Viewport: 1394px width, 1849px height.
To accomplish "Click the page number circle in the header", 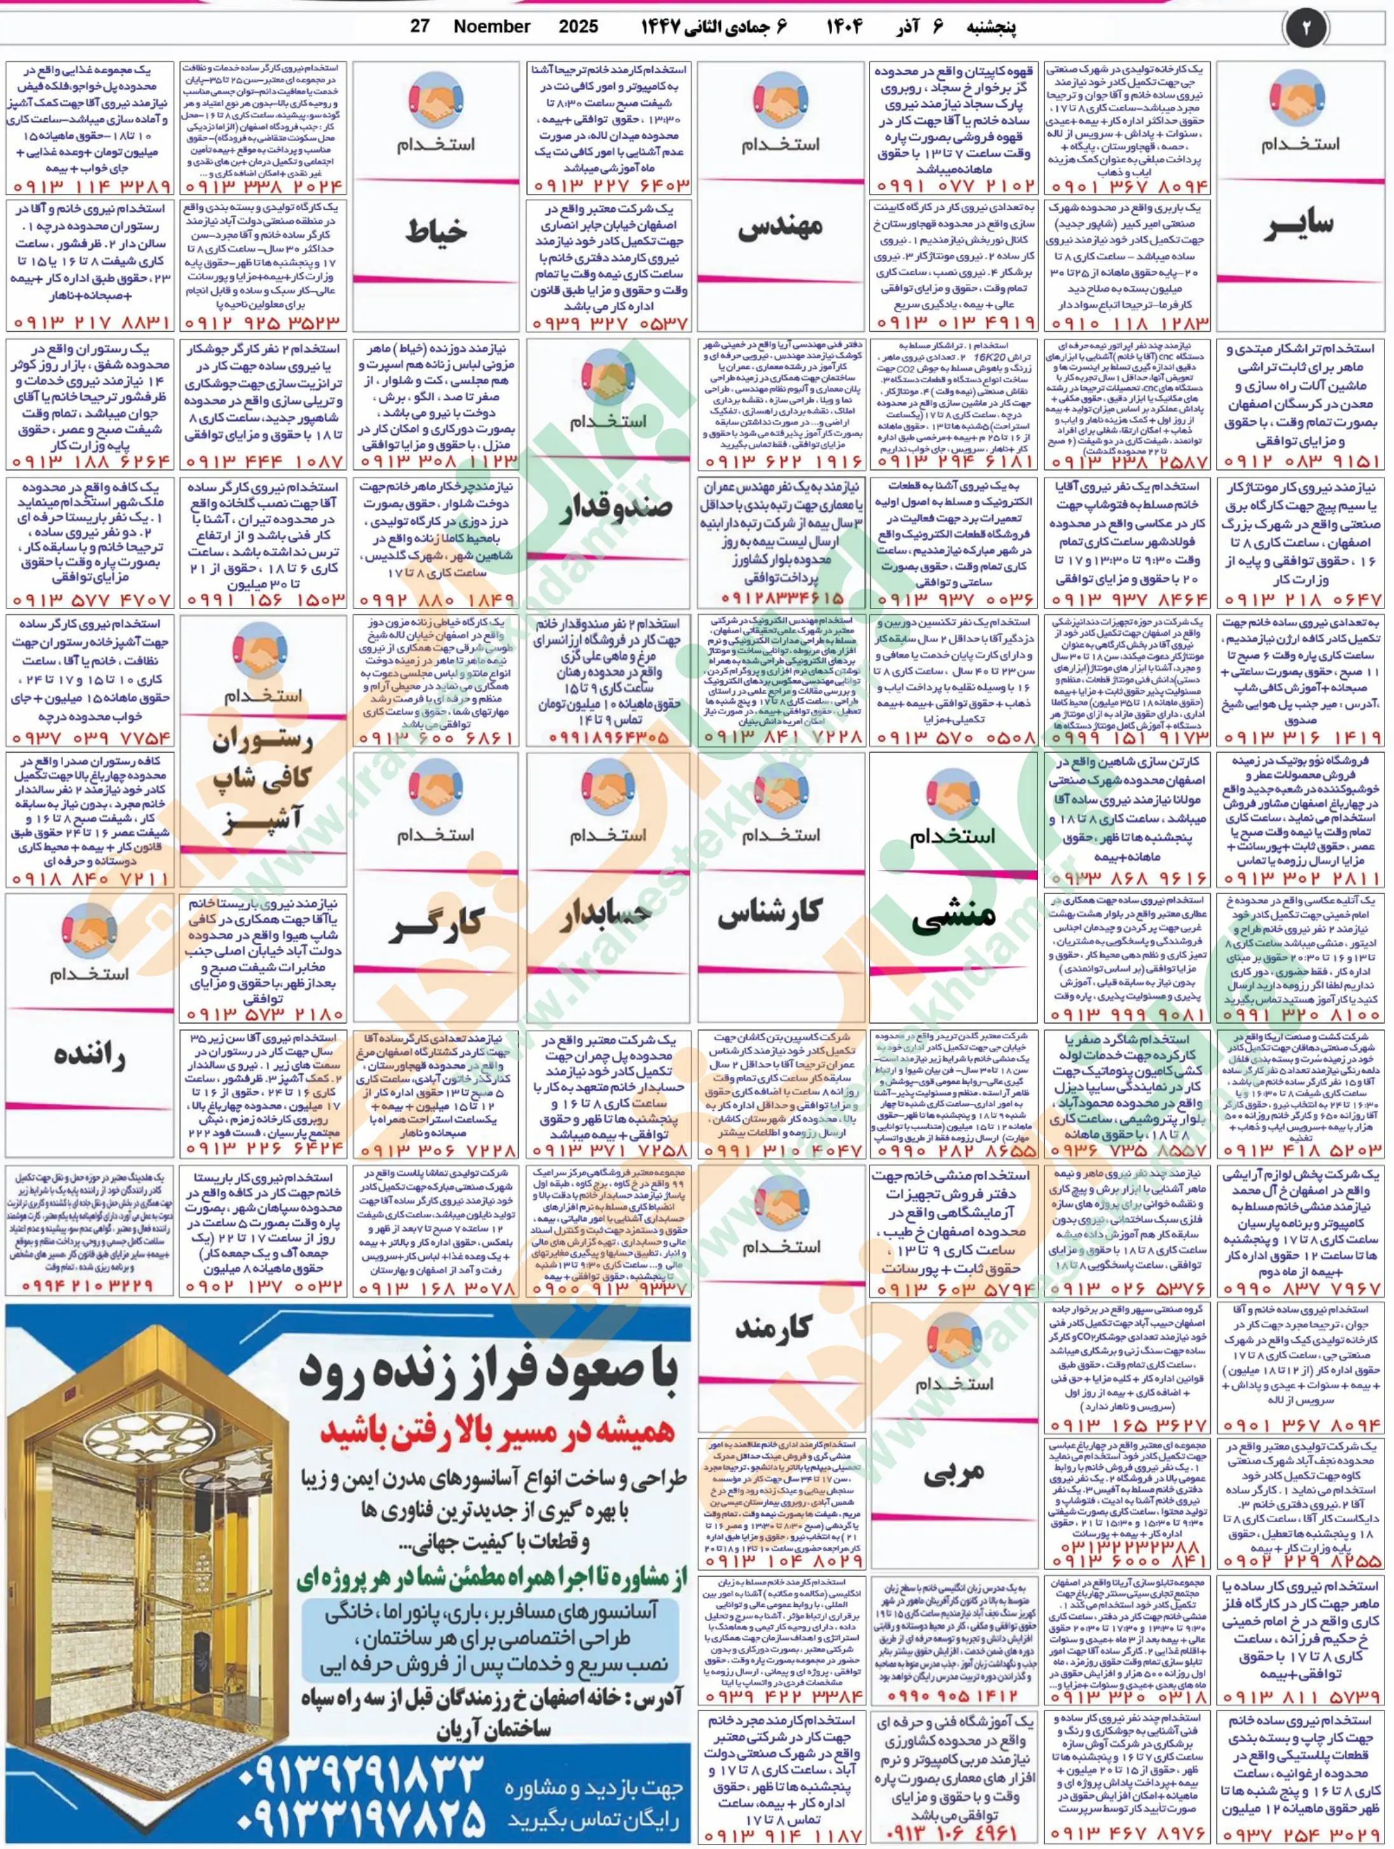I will pos(1306,27).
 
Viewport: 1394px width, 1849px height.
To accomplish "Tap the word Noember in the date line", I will pos(491,27).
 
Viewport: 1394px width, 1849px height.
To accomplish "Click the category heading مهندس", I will pos(781,226).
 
